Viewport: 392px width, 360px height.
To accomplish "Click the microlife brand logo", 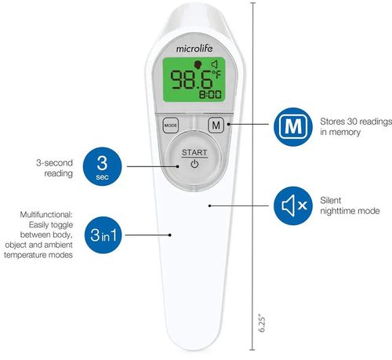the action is [194, 49].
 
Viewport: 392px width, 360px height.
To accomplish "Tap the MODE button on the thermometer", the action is [171, 125].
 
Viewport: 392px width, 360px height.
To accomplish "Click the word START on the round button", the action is [194, 152].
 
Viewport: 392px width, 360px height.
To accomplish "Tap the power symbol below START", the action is [194, 164].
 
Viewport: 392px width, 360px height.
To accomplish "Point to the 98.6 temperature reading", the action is [191, 80].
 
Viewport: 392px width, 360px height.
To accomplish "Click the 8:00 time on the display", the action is [210, 94].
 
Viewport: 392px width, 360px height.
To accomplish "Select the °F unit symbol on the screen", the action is [216, 74].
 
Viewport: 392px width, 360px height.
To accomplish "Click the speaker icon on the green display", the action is [215, 64].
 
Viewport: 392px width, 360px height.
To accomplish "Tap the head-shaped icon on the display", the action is [198, 64].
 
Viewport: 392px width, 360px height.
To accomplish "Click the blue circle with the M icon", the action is [293, 127].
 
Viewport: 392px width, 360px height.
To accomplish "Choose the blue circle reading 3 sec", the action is [102, 166].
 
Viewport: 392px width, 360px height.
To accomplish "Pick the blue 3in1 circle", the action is [103, 235].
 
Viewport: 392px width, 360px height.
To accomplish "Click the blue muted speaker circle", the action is [293, 205].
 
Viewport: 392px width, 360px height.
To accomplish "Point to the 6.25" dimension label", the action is [262, 323].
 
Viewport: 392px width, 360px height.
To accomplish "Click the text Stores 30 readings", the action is [356, 122].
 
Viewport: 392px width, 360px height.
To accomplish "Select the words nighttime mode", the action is [350, 211].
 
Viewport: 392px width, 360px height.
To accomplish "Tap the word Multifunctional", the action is [46, 215].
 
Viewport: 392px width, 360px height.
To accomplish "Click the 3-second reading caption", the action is [54, 168].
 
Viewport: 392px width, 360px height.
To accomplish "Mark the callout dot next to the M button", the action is [229, 124].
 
